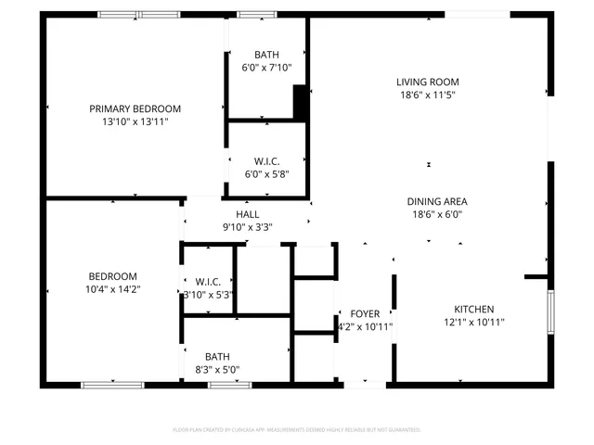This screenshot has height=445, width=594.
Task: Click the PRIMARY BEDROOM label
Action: point(135,108)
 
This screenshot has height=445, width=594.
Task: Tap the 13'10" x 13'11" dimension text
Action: point(135,121)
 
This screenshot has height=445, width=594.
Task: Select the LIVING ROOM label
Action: point(428,82)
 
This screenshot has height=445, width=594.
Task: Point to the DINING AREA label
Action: point(436,201)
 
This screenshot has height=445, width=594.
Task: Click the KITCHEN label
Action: point(473,310)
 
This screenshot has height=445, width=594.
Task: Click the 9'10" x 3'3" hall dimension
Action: point(247,227)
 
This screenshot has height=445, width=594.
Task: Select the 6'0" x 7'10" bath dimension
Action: point(266,68)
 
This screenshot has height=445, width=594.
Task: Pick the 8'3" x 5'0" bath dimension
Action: point(217,369)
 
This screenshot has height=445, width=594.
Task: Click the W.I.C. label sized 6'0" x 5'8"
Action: point(266,160)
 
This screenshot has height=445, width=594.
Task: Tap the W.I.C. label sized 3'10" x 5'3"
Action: point(208,282)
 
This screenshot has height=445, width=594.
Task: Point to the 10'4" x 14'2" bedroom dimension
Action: point(112,289)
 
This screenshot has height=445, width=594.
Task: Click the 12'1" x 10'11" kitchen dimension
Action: point(473,323)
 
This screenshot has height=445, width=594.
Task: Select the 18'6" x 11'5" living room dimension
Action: point(428,95)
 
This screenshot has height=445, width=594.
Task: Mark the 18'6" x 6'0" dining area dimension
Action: point(436,214)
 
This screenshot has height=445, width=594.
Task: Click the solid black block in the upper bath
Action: point(300,102)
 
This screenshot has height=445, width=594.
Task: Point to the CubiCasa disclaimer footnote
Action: point(297,430)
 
